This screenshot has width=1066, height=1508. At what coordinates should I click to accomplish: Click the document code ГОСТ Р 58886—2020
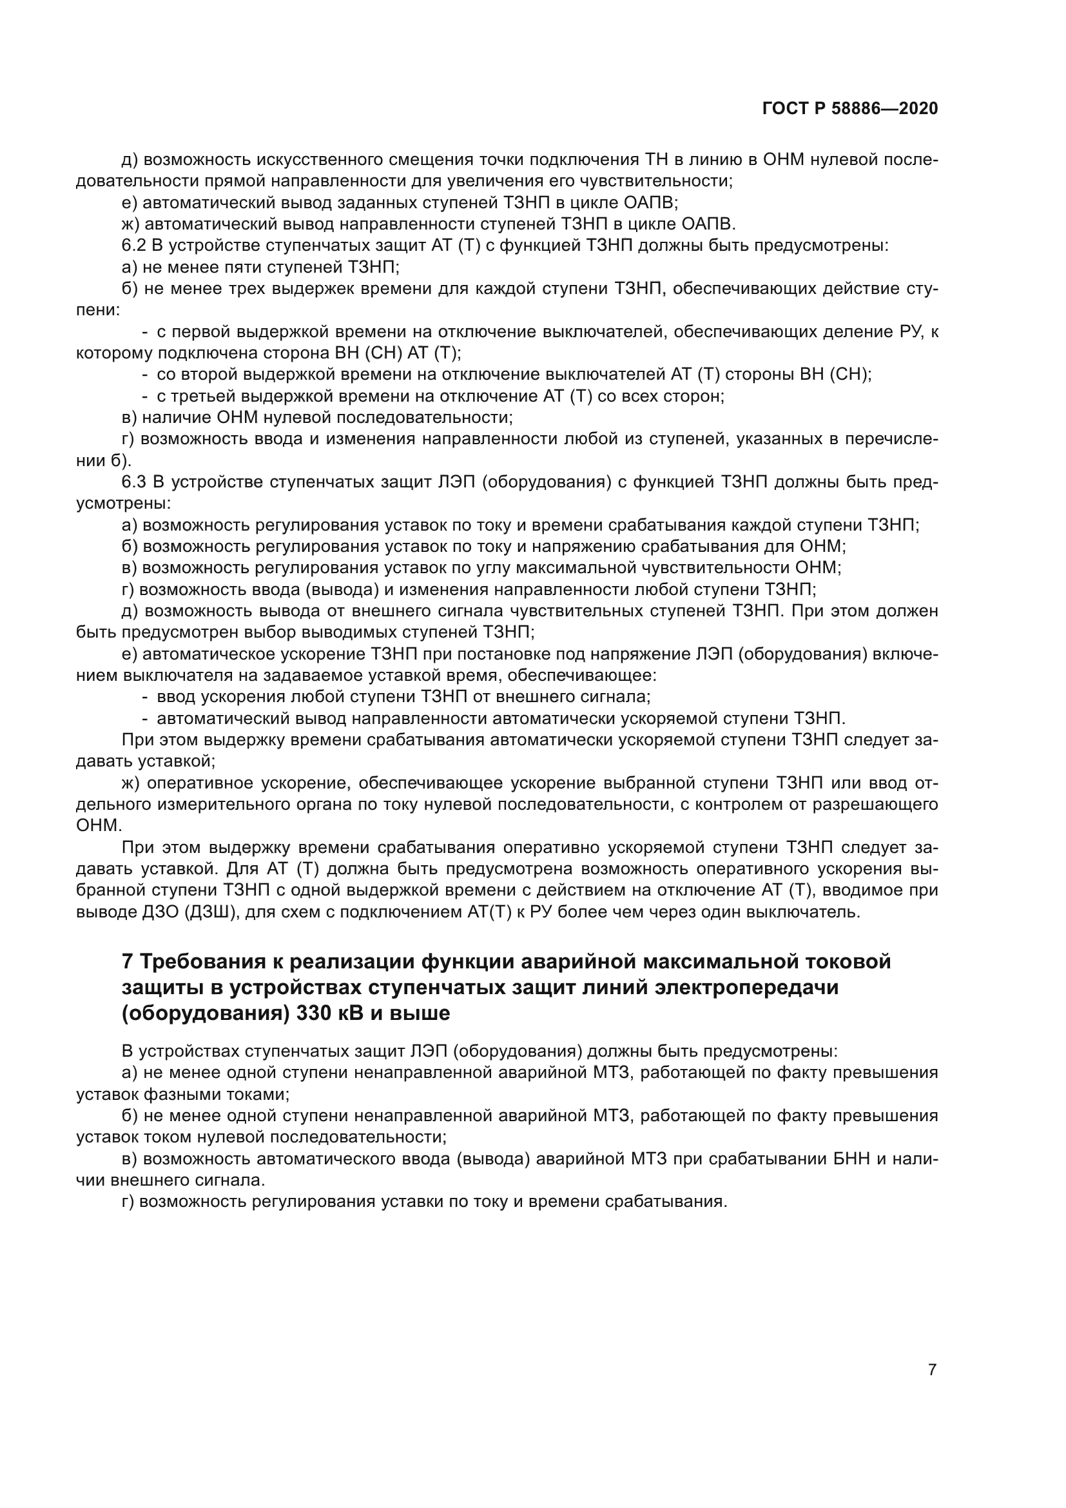click(x=850, y=108)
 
